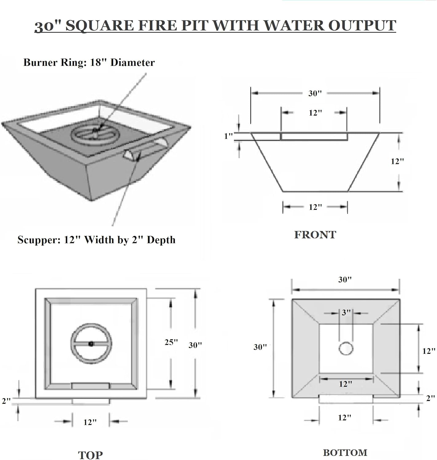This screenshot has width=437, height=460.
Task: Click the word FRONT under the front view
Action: [x=315, y=235]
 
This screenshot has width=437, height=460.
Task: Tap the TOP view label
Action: [x=90, y=455]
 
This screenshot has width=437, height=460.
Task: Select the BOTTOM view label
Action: [x=345, y=453]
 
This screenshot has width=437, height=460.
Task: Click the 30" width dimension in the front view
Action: [x=315, y=93]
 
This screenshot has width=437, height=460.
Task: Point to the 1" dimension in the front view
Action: [x=228, y=136]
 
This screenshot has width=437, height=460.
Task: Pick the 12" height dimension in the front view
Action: [x=397, y=161]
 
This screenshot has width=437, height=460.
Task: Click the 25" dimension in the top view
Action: [x=171, y=342]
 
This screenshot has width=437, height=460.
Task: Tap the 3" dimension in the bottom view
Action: [x=346, y=312]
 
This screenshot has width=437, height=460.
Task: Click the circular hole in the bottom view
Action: [x=346, y=348]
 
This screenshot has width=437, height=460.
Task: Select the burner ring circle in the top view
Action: [x=91, y=344]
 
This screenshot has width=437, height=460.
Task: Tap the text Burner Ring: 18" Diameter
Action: [x=89, y=63]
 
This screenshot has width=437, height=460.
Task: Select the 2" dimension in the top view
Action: [x=6, y=401]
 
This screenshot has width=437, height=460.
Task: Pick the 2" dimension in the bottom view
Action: [x=430, y=398]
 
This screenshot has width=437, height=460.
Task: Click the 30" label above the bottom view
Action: [x=345, y=280]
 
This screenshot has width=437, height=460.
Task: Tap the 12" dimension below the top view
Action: [x=90, y=422]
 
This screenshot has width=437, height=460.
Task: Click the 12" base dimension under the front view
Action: [x=315, y=207]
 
